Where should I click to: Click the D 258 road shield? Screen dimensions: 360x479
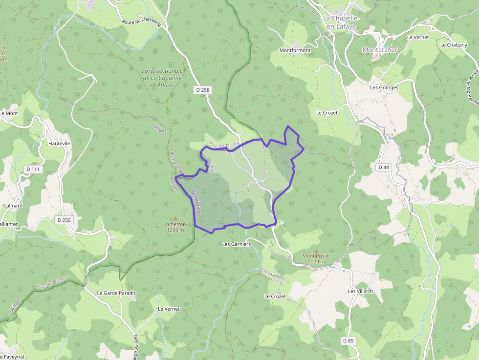coord(202,89)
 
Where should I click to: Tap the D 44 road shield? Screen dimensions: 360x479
coord(384,167)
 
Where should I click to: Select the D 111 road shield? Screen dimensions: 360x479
coord(33,169)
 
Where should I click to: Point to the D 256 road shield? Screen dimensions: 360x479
coord(64,220)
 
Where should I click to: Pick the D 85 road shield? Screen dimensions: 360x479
coord(348,340)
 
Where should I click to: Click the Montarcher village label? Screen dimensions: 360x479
coord(380,50)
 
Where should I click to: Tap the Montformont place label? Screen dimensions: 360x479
coord(295,50)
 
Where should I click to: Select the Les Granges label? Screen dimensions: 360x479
coord(384,88)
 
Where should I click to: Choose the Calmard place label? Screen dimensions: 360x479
coord(13,206)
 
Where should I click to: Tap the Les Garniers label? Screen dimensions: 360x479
coord(236,244)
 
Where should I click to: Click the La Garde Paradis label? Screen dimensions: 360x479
coord(116,293)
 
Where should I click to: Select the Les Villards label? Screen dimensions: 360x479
coord(361,291)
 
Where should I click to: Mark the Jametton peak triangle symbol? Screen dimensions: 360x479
coord(175,218)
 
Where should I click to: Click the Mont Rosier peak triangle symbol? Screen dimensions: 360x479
coord(316,251)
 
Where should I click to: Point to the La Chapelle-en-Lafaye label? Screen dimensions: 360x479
coord(342,22)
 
